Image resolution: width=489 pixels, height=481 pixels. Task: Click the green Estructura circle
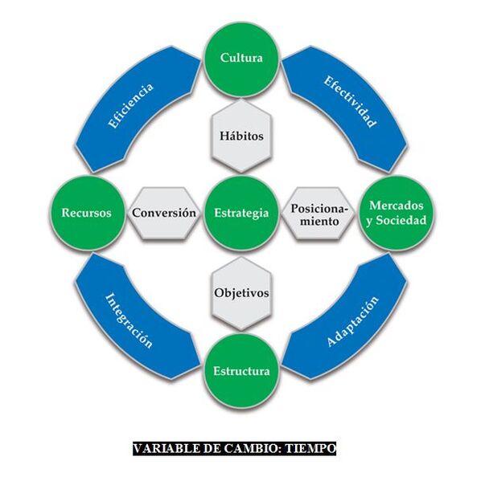(x=241, y=371)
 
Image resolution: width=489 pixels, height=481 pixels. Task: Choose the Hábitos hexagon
(x=241, y=136)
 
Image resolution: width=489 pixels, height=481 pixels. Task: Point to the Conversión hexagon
(x=165, y=214)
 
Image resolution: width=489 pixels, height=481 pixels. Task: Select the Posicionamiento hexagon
(x=319, y=214)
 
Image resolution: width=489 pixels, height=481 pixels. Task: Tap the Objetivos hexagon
(x=241, y=293)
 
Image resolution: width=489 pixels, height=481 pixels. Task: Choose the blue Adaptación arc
(x=351, y=322)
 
